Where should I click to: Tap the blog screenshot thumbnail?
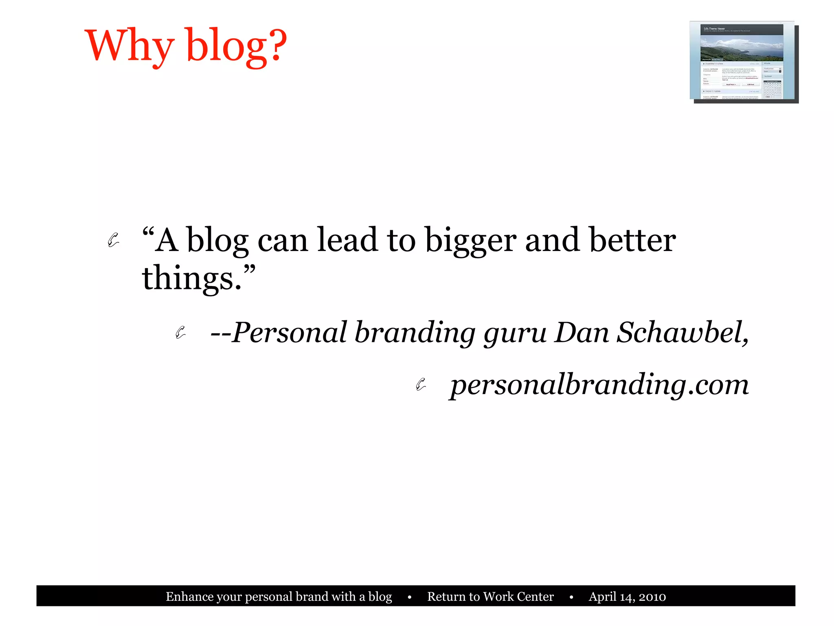coord(743,61)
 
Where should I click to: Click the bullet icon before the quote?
coord(113,240)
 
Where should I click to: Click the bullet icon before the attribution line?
coord(180,333)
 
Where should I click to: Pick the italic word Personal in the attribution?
coord(289,333)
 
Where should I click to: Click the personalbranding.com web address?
coord(599,385)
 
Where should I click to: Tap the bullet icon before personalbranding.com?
coord(421,384)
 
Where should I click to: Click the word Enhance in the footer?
coord(189,597)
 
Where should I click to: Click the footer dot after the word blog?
coord(409,597)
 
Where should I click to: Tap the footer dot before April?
coord(571,597)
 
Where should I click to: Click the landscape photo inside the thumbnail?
coord(741,48)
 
